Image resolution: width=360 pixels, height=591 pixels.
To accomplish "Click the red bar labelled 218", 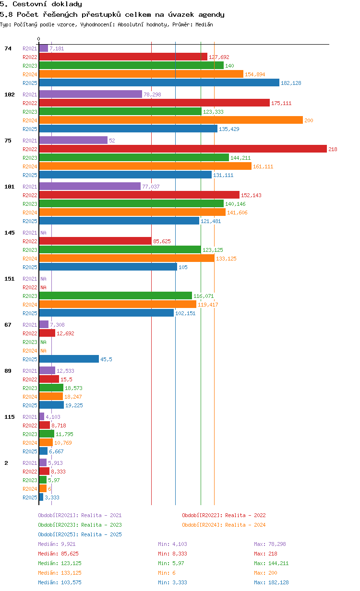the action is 183,149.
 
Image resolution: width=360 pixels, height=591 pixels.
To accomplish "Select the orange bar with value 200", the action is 171,120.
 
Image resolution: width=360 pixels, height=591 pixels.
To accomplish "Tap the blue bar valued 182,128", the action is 159,83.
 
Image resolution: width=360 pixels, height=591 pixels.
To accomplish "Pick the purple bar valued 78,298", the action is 91,94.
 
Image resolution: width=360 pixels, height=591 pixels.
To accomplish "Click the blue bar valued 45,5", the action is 69,359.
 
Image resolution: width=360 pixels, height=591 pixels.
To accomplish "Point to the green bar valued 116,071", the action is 116,295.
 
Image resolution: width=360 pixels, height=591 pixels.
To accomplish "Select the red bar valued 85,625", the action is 95,241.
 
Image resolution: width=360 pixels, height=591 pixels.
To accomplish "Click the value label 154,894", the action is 255,74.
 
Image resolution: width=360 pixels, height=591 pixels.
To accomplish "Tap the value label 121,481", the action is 211,221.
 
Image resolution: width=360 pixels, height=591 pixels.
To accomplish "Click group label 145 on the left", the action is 10,233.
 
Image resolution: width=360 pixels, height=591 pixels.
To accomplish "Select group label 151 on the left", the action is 10,279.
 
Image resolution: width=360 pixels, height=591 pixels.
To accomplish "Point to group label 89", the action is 8,371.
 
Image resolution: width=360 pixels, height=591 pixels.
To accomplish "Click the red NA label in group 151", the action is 43,287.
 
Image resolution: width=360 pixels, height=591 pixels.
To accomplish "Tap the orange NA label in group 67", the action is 43,351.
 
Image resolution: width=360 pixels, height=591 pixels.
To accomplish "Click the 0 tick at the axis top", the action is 39,39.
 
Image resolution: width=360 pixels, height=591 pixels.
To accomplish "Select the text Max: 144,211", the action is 271,563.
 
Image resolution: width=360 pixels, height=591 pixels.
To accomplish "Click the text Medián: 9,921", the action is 57,544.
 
